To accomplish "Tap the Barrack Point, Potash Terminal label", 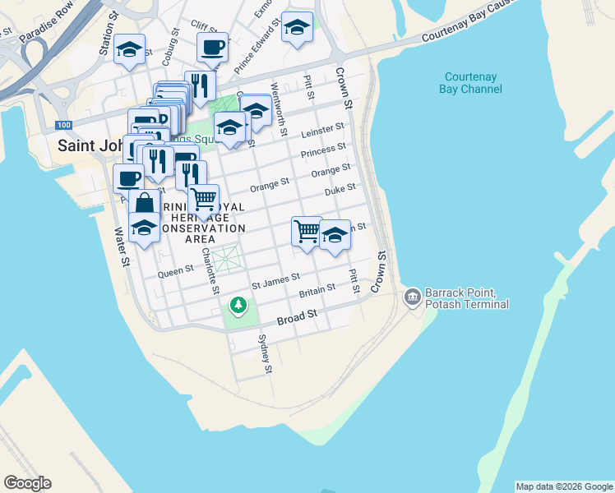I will tap(467, 298).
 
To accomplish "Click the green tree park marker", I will tap(238, 306).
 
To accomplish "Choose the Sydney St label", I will tap(265, 354).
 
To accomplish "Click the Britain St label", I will tap(317, 289).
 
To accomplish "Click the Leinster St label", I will tap(322, 131).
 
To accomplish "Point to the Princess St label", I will tap(323, 150).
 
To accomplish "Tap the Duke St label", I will tap(340, 189).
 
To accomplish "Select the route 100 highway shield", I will tap(62, 124).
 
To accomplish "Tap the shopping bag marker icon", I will tap(144, 204).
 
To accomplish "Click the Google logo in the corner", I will tap(27, 483).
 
